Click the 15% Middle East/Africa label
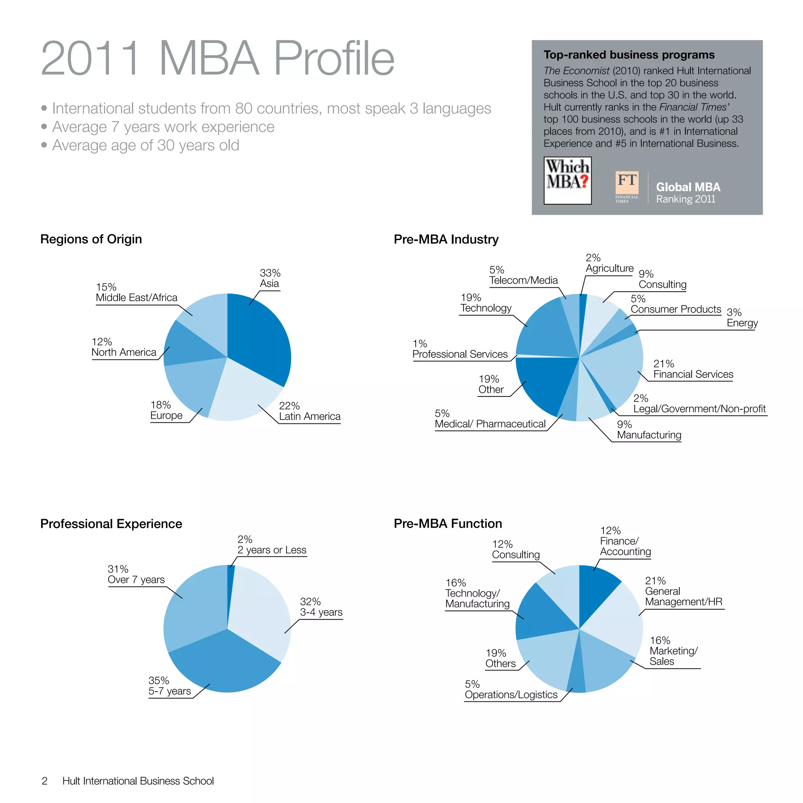coord(136,292)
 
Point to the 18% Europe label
coord(166,410)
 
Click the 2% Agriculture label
coord(609,263)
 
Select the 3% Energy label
coord(742,318)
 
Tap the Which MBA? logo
coord(567,180)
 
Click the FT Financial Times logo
coord(627,187)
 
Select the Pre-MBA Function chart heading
coord(448,523)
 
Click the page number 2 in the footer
coord(44,781)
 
